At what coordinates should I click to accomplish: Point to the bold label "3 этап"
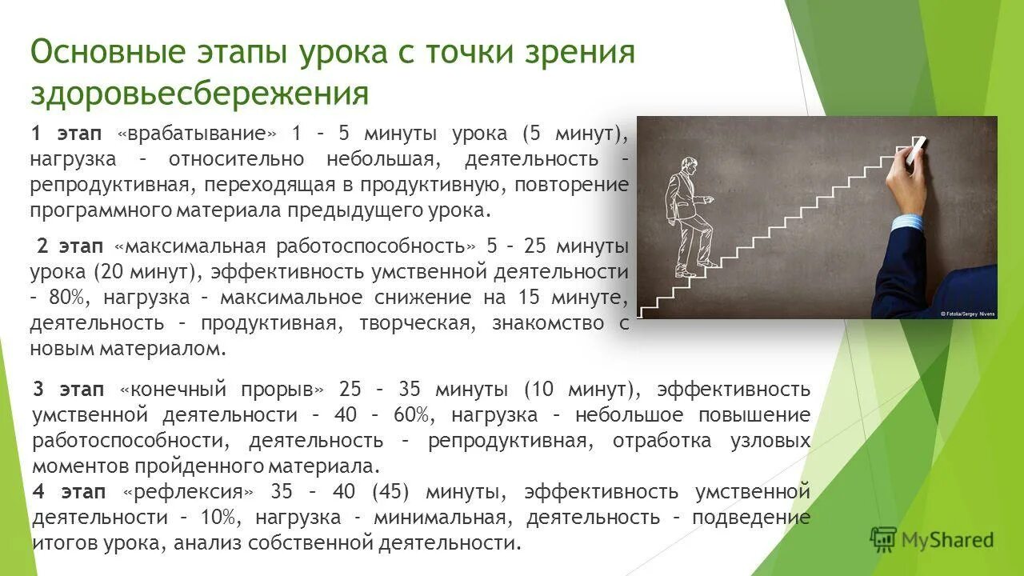pos(70,390)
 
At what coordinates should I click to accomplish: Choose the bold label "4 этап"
pos(70,491)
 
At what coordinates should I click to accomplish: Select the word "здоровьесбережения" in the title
pos(200,94)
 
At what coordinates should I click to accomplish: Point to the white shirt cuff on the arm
pos(906,223)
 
